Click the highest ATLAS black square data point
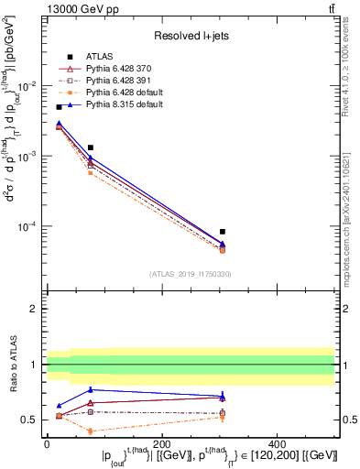click(x=59, y=107)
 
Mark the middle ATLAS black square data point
click(x=90, y=147)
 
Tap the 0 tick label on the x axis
click(x=47, y=442)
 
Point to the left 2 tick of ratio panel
click(x=34, y=309)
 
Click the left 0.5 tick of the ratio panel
click(x=30, y=420)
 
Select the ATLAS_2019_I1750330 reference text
click(x=190, y=274)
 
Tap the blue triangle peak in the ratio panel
click(x=90, y=389)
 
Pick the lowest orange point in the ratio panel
click(x=90, y=431)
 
